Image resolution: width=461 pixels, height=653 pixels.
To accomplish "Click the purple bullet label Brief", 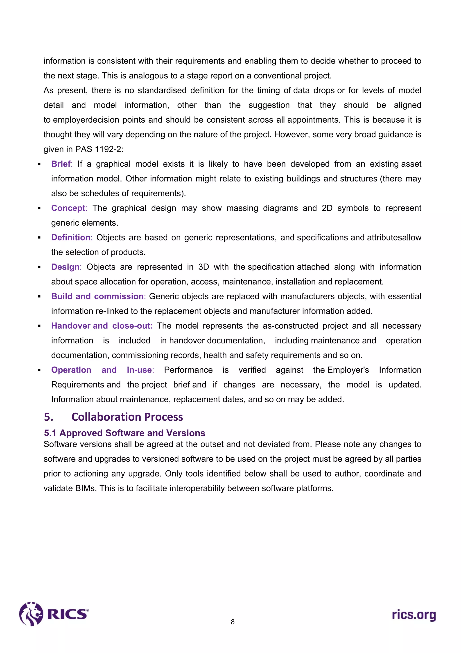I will (x=61, y=164).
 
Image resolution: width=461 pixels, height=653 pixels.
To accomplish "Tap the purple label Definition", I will (x=71, y=238).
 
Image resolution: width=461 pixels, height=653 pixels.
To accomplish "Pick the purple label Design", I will (x=65, y=267).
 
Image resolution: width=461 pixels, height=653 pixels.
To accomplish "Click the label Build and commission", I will (x=97, y=296).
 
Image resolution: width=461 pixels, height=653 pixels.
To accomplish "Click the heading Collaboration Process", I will (x=127, y=417).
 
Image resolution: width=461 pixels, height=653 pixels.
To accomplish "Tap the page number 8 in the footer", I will (x=233, y=622).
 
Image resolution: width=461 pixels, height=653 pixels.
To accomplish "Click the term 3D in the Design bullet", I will (x=203, y=267).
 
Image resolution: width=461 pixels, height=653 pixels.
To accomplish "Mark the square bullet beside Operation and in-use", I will (x=39, y=370).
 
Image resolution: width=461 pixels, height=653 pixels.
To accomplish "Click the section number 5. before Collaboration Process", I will (x=49, y=417).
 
